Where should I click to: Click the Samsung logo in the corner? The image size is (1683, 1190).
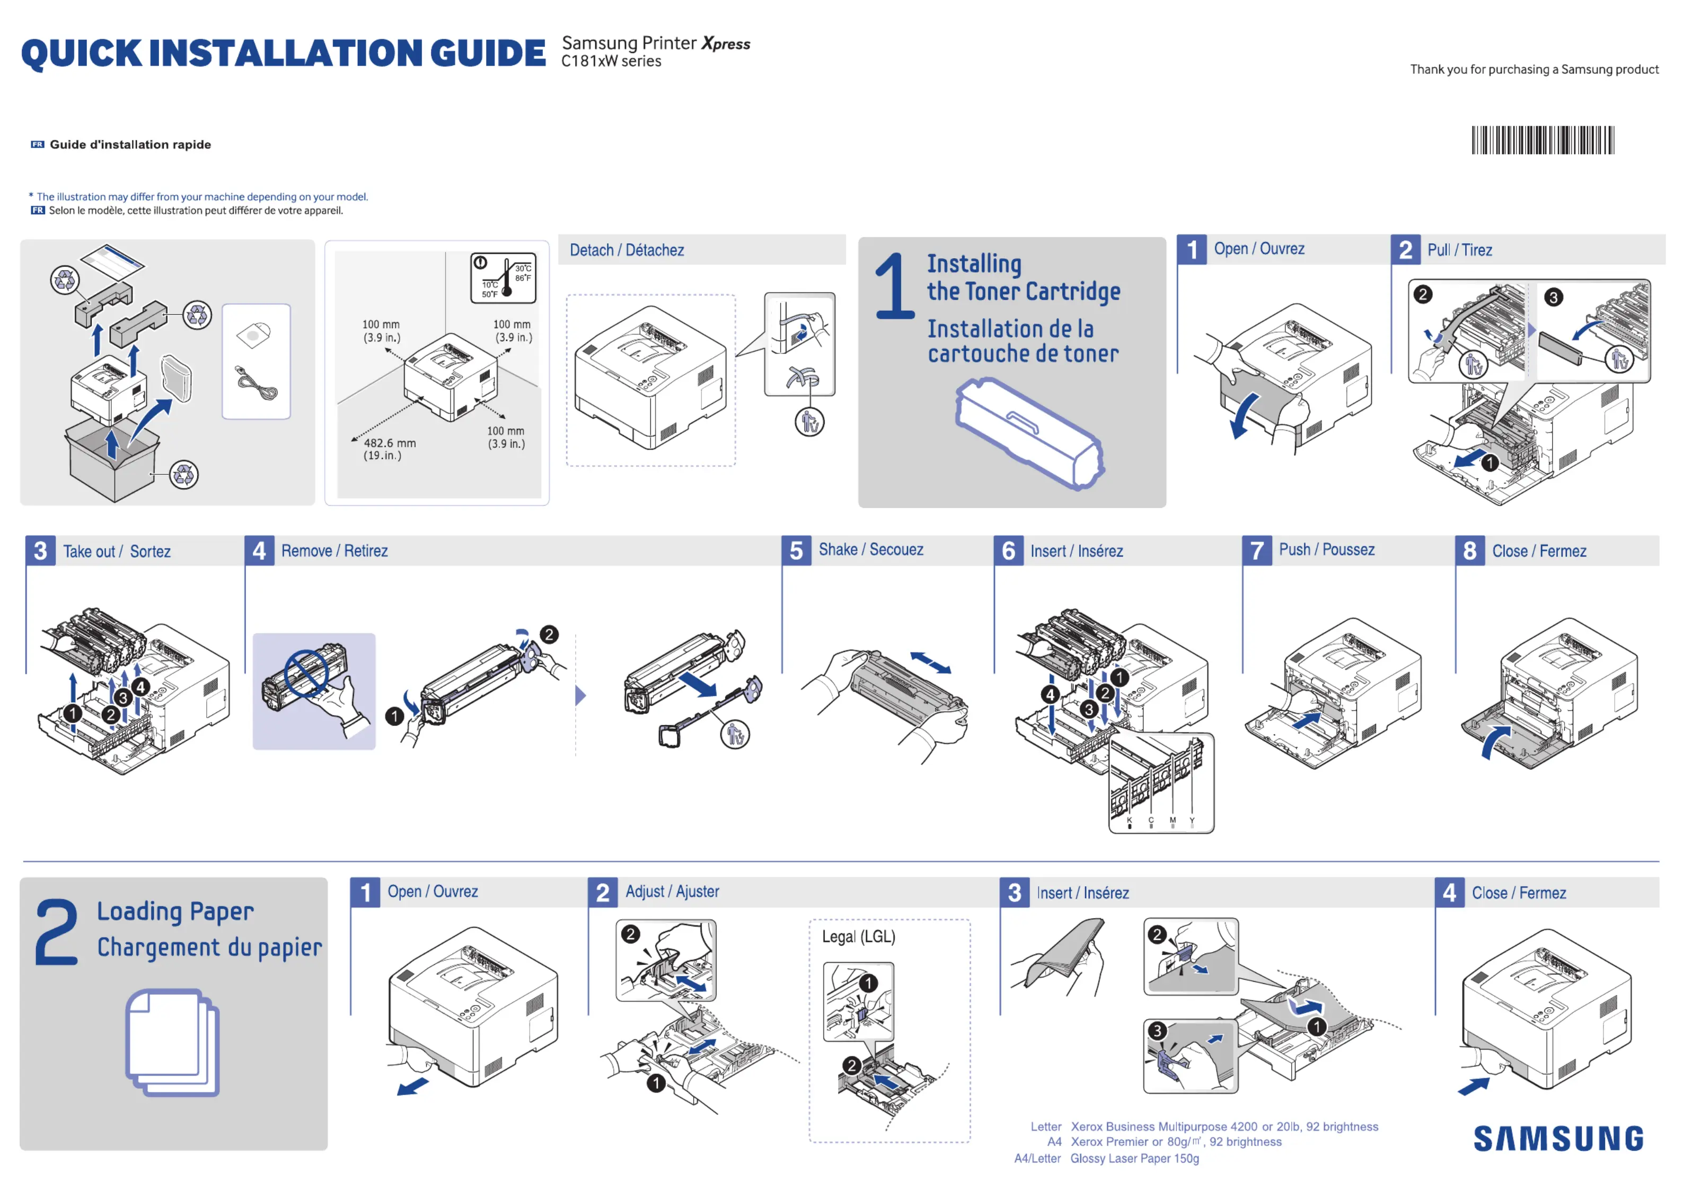[x=1558, y=1138]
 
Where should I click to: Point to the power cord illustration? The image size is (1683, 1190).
[x=257, y=383]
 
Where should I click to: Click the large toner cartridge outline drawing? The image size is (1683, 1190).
[x=1029, y=433]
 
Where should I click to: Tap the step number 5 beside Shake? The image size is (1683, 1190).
[x=796, y=551]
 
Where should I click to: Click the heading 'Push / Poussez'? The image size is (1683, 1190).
[x=1326, y=550]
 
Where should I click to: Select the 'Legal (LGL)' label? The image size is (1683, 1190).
[x=858, y=936]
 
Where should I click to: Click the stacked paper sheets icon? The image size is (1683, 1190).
[x=172, y=1042]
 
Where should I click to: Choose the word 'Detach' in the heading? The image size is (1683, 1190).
[x=592, y=250]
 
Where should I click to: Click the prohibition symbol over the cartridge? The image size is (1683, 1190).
[x=306, y=672]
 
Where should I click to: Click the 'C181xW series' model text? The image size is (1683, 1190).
[x=611, y=61]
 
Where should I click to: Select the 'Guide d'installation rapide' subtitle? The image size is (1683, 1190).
[x=130, y=144]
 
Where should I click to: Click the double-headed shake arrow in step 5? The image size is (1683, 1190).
[x=930, y=663]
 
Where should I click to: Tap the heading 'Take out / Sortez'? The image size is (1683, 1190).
[x=117, y=551]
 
